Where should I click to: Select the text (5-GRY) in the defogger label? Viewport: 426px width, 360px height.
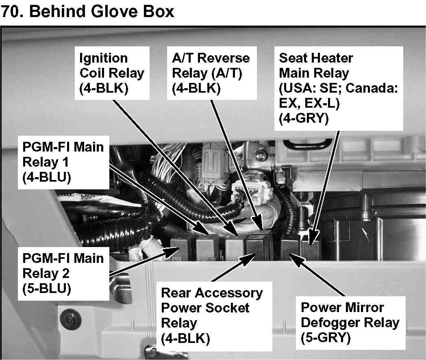(325, 337)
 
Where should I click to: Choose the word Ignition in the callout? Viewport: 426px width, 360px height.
(103, 58)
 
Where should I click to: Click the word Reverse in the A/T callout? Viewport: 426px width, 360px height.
(227, 58)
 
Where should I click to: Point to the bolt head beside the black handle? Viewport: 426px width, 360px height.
(259, 154)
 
